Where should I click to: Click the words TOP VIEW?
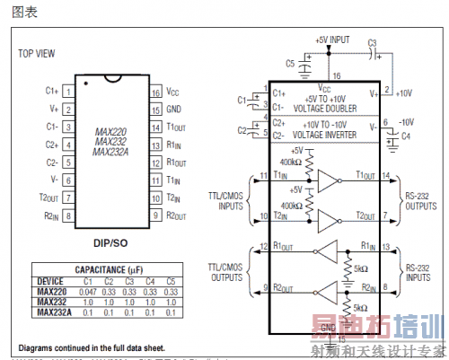[39, 53]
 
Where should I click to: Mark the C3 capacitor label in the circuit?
[373, 42]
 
